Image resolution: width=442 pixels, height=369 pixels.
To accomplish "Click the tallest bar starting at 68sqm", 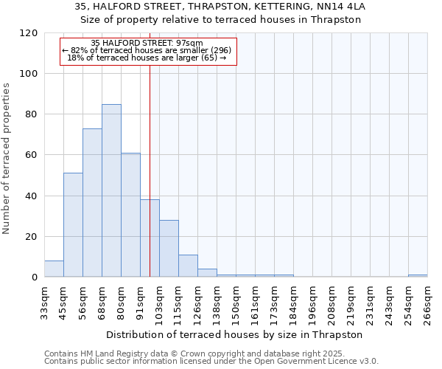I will [111, 190].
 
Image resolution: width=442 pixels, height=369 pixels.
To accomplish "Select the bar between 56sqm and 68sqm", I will [92, 203].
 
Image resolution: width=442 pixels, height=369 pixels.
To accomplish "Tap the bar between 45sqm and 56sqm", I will [73, 225].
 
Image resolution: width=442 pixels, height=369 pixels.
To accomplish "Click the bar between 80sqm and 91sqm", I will [130, 215].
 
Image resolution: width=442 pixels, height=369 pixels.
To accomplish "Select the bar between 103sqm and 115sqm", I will [169, 249].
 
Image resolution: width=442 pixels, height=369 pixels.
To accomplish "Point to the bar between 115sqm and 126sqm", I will [188, 266].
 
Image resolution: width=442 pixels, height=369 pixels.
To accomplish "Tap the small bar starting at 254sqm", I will [418, 276].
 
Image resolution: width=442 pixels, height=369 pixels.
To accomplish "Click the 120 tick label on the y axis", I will [29, 33].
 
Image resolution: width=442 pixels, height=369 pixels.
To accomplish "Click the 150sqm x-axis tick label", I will [236, 303].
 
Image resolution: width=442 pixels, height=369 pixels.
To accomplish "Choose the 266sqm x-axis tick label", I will [427, 303].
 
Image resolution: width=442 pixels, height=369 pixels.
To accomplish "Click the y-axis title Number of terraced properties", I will [7, 159].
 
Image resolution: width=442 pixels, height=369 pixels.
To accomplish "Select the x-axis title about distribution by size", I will [236, 334].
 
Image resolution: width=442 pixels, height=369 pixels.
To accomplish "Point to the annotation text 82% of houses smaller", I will [147, 50].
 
